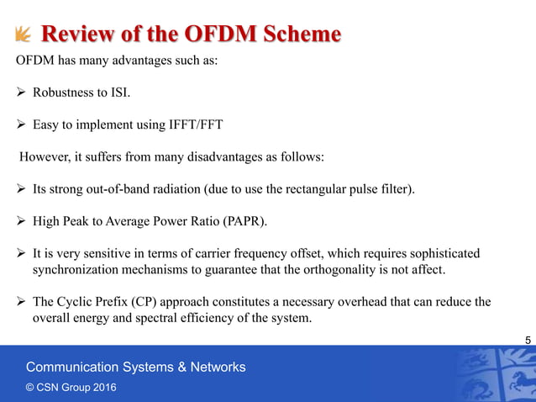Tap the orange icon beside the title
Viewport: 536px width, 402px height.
click(x=23, y=34)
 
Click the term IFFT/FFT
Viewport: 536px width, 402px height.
click(x=192, y=124)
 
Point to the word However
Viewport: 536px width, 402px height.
click(x=47, y=156)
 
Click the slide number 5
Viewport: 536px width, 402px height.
click(x=527, y=339)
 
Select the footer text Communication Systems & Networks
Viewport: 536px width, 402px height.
click(x=135, y=367)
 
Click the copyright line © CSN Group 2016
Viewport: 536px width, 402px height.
click(x=71, y=387)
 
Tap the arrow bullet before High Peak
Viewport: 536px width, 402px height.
click(x=22, y=220)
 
